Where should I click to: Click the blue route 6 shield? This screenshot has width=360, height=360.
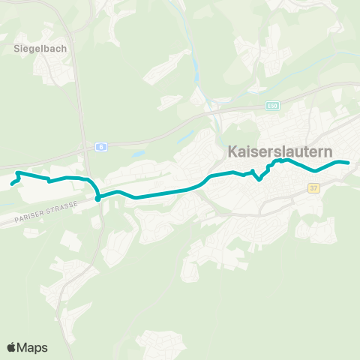(100, 147)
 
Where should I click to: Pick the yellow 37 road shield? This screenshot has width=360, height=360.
(313, 189)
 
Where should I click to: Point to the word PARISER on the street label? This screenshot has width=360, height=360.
(31, 219)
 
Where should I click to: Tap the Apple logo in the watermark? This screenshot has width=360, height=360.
(12, 347)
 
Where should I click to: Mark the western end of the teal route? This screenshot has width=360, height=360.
(12, 184)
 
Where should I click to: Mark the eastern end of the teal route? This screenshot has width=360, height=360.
(349, 163)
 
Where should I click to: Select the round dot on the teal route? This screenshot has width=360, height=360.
(98, 199)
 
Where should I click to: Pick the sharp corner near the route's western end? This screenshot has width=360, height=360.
(17, 173)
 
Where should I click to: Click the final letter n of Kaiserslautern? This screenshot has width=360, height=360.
(328, 151)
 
